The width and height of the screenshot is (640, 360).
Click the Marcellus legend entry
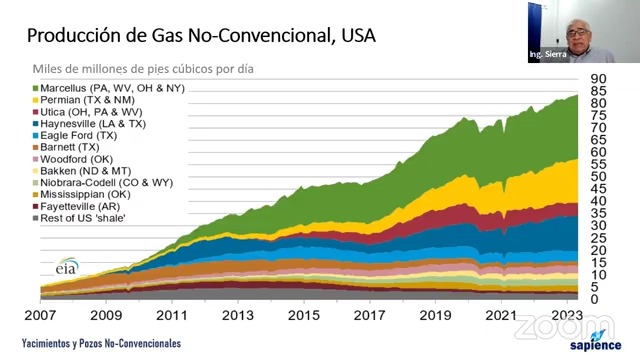click(x=109, y=88)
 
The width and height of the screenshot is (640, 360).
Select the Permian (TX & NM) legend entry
click(x=84, y=100)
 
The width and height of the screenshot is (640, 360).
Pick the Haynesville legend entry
click(x=89, y=124)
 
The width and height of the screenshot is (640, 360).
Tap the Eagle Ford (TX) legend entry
click(x=75, y=136)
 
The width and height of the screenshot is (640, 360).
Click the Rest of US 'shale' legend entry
click(x=79, y=218)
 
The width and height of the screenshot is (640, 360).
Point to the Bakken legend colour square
click(x=36, y=171)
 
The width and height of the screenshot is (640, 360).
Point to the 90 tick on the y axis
click(x=598, y=78)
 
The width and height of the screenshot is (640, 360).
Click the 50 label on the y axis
click(x=598, y=177)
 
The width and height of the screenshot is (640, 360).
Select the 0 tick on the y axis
click(x=594, y=299)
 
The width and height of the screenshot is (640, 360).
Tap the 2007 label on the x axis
click(x=40, y=315)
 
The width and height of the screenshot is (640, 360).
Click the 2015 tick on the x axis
click(x=304, y=315)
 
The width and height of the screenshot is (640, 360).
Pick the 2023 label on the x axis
click(x=567, y=315)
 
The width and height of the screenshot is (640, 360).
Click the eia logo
click(x=67, y=266)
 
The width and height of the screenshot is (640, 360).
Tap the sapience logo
click(x=596, y=341)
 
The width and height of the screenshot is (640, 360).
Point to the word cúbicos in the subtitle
click(x=193, y=69)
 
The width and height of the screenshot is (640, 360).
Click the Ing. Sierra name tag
click(x=548, y=54)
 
